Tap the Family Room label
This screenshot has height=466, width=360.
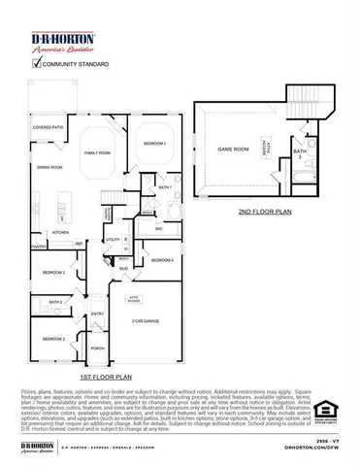pyautogui.click(x=97, y=152)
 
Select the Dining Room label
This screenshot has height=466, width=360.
pyautogui.click(x=49, y=168)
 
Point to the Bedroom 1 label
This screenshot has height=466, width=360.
pyautogui.click(x=155, y=143)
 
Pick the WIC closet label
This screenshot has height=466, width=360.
pyautogui.click(x=158, y=228)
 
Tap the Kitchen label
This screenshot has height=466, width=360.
pyautogui.click(x=60, y=233)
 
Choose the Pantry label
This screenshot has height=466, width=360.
pyautogui.click(x=39, y=248)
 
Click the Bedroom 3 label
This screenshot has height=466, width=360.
pyautogui.click(x=55, y=273)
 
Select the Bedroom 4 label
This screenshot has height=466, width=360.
pyautogui.click(x=162, y=260)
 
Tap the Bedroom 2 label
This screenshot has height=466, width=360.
pyautogui.click(x=53, y=338)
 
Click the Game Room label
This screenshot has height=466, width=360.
pyautogui.click(x=231, y=150)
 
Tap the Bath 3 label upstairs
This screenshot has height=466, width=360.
pyautogui.click(x=301, y=152)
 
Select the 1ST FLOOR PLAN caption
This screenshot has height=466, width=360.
pyautogui.click(x=102, y=374)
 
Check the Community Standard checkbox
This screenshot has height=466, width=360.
pyautogui.click(x=37, y=64)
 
